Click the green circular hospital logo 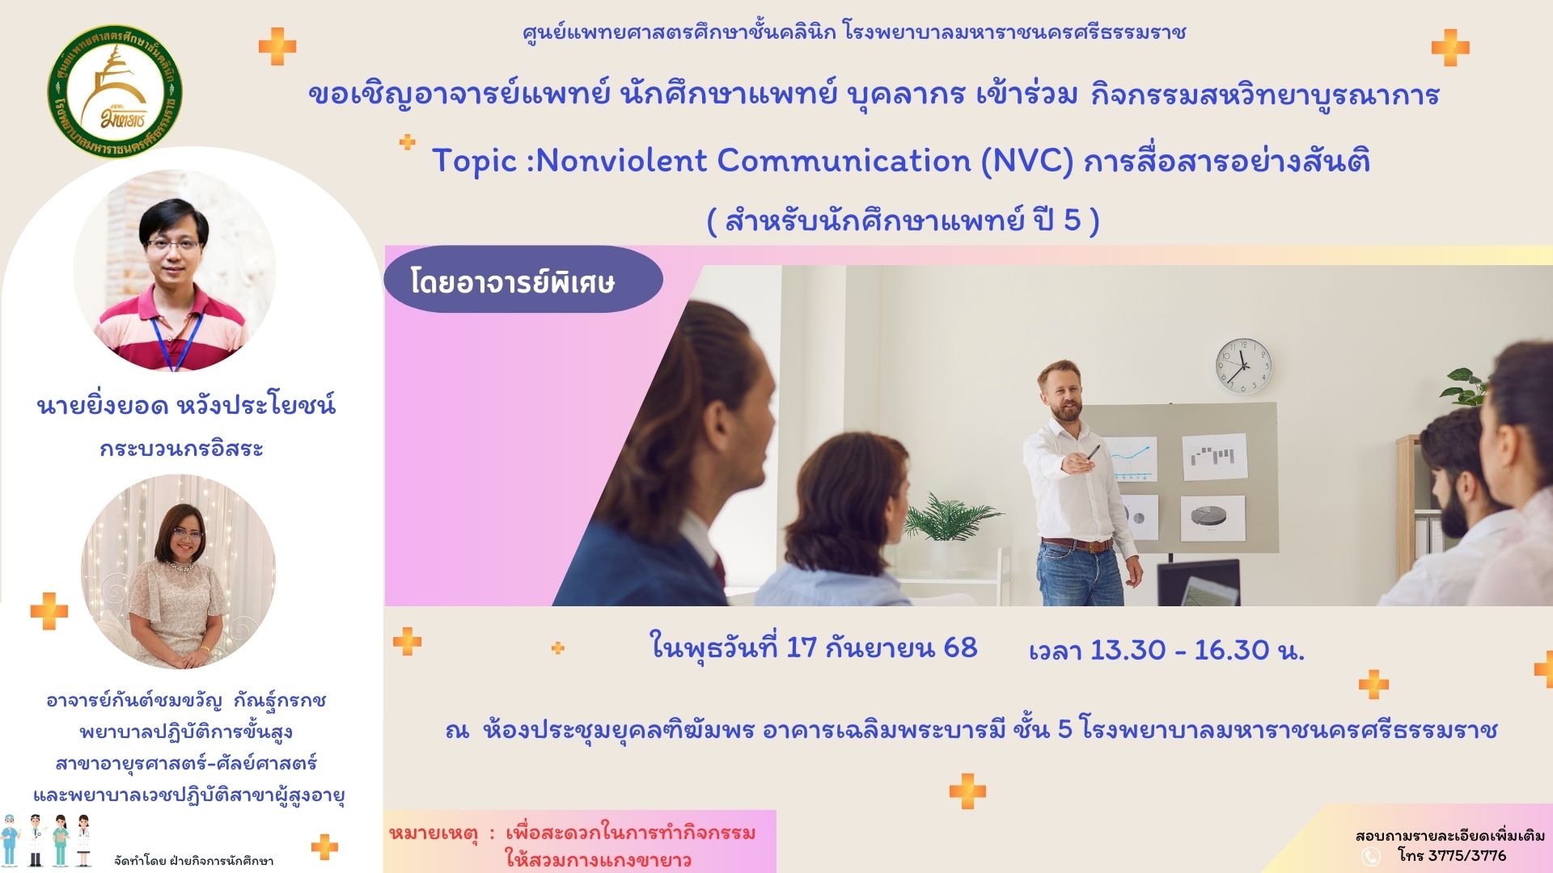click(115, 91)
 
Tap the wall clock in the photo click(1243, 366)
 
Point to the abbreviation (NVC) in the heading click(1027, 161)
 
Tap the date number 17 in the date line click(802, 647)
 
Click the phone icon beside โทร click(1371, 856)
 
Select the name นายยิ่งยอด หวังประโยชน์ click(186, 404)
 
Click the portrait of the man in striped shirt click(175, 271)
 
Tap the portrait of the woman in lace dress click(178, 571)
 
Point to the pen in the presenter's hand click(1092, 451)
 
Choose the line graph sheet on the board click(1130, 459)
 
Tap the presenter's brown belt click(1077, 544)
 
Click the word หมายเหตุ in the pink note click(434, 833)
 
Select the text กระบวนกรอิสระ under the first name click(182, 449)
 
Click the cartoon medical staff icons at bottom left click(48, 841)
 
